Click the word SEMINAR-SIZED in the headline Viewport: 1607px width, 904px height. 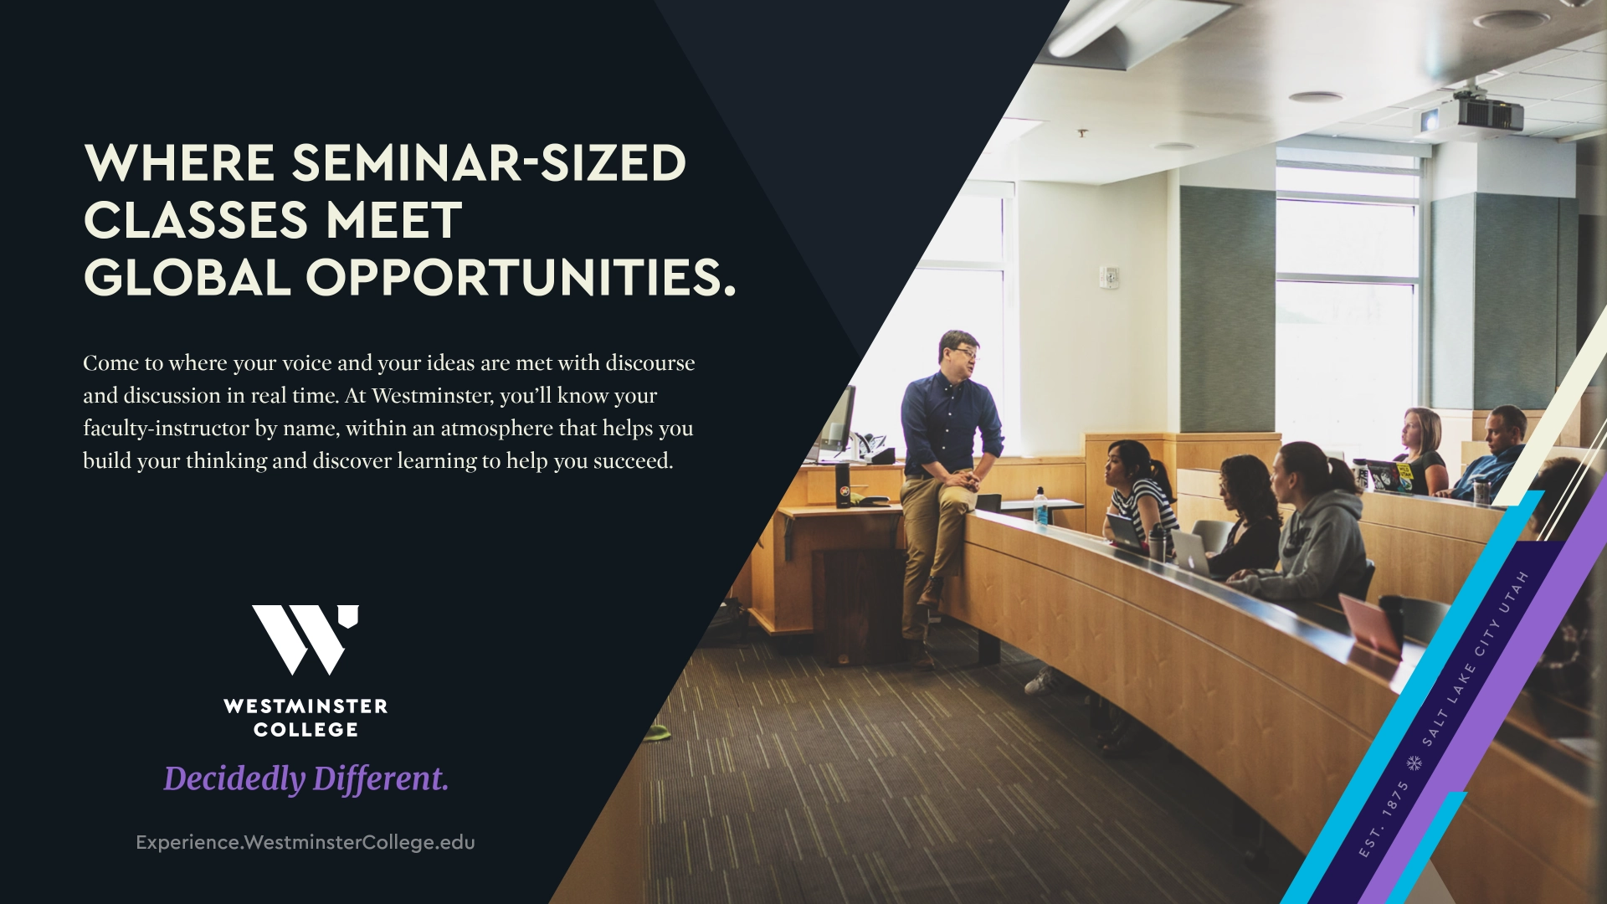489,162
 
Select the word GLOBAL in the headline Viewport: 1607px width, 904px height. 187,277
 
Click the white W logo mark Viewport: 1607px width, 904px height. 305,639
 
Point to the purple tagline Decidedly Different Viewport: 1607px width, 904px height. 305,778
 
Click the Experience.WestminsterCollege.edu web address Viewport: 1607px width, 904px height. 305,843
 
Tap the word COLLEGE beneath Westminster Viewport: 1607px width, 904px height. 305,730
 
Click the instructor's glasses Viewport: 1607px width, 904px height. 966,353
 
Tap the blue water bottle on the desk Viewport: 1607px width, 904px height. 1040,506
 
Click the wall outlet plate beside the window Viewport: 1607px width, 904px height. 1110,277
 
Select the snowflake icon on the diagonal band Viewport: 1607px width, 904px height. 1414,763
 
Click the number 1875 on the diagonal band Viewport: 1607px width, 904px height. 1395,799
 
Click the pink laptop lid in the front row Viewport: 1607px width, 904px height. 1370,623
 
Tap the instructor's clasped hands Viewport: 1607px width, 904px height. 968,480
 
